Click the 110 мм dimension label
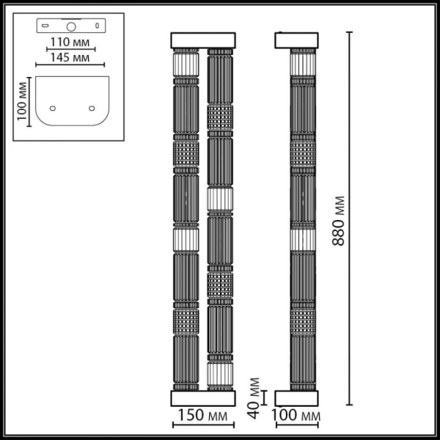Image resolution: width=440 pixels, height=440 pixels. click(71, 42)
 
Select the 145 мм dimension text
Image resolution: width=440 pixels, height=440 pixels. click(71, 57)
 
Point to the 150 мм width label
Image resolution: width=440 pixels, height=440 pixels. click(202, 417)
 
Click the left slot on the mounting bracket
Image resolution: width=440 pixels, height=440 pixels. click(45, 26)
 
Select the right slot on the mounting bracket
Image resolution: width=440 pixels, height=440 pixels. click(98, 26)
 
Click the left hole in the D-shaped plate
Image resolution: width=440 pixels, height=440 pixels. click(52, 108)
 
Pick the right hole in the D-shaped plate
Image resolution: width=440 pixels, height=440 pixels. click(92, 108)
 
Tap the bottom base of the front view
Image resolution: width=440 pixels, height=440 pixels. click(202, 398)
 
